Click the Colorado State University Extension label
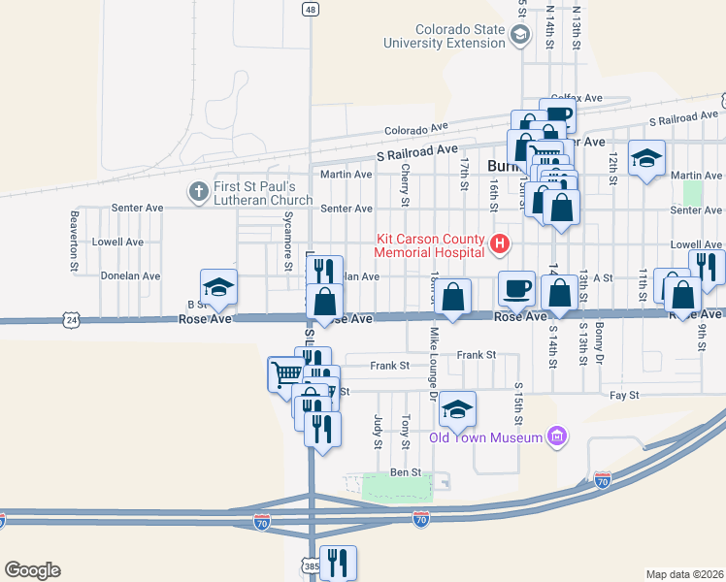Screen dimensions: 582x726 (445, 36)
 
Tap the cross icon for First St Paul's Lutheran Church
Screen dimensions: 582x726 (198, 190)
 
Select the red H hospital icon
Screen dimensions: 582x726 (500, 243)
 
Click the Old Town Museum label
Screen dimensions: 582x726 (485, 438)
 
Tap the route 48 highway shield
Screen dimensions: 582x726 (310, 9)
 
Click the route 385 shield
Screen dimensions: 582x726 (310, 566)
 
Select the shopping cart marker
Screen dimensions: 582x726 (286, 373)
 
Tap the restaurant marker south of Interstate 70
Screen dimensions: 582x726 (338, 562)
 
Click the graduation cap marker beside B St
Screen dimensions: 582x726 (219, 287)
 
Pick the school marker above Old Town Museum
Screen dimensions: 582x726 (457, 408)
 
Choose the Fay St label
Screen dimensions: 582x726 (624, 396)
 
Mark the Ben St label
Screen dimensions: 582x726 (405, 472)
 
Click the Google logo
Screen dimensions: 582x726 (32, 570)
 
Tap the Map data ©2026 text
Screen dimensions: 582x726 (684, 574)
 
